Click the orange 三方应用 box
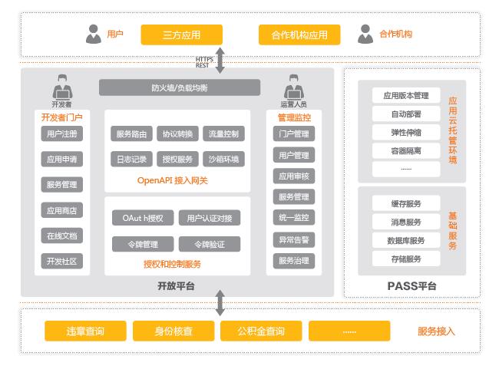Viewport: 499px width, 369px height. point(181,35)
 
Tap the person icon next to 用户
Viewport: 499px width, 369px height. point(94,34)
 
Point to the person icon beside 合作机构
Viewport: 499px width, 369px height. point(365,34)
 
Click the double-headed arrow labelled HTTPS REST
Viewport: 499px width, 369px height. point(220,61)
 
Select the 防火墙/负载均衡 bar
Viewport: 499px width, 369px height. point(178,87)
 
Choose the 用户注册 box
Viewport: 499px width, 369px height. point(61,134)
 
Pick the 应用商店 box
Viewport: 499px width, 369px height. point(61,210)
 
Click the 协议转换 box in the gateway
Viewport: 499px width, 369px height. point(178,134)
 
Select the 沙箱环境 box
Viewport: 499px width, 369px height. point(223,160)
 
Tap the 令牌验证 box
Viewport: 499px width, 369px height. point(209,244)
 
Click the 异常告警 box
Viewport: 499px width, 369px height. point(293,240)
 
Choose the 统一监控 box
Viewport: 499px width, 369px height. point(293,218)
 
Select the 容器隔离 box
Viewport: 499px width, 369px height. point(405,151)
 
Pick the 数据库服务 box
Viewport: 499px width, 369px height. point(405,240)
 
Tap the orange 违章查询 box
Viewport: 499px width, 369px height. point(84,331)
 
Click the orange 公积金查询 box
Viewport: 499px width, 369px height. point(261,331)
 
